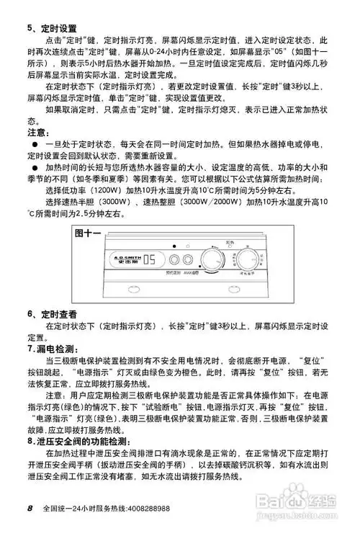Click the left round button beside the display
[x=172, y=260]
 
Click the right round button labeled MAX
[x=187, y=260]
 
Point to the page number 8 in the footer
[x=31, y=508]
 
